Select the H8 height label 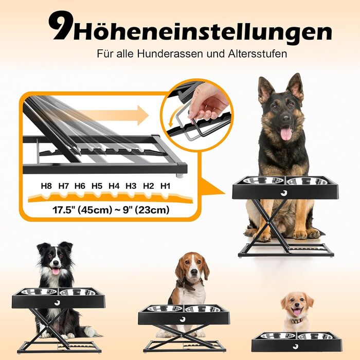(x=46, y=186)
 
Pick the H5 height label (x=97, y=186)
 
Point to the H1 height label (x=165, y=186)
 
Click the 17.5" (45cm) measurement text (x=82, y=210)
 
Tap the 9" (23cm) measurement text (x=146, y=210)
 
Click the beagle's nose (x=194, y=272)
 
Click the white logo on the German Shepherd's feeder (x=284, y=193)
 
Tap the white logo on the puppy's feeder (x=296, y=347)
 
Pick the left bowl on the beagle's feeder (x=165, y=309)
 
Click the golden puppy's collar (x=298, y=320)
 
